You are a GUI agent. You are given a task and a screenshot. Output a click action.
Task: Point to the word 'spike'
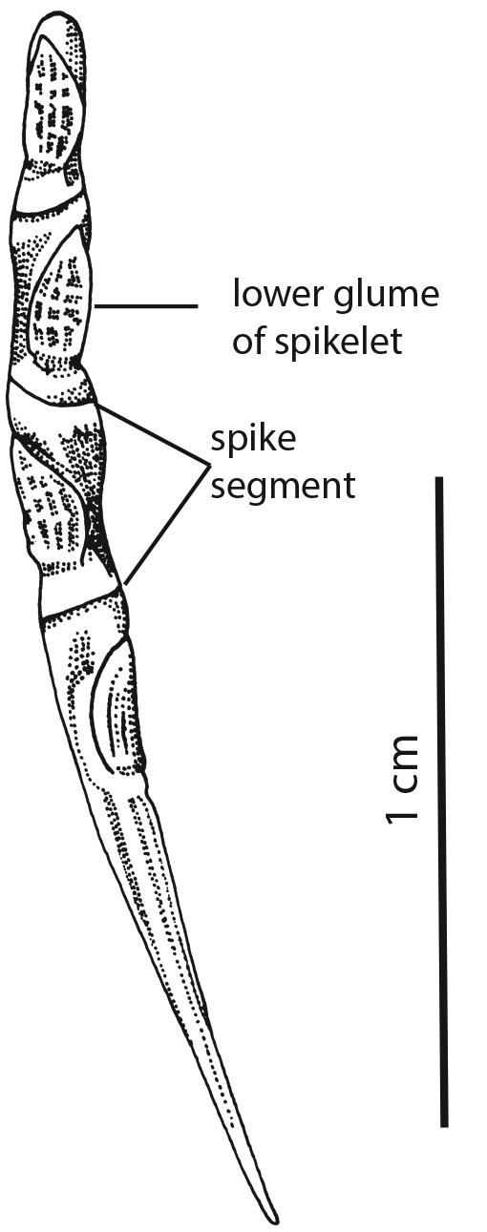click(x=254, y=440)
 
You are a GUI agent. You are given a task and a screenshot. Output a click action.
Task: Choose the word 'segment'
click(x=283, y=487)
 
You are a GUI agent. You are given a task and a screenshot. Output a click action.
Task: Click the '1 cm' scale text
click(x=402, y=780)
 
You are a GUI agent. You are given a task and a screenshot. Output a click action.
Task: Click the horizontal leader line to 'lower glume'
click(x=146, y=305)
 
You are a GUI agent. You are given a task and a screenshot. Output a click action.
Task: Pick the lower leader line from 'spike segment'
click(x=165, y=525)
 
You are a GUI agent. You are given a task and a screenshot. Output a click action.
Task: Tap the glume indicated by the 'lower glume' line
click(x=60, y=300)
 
